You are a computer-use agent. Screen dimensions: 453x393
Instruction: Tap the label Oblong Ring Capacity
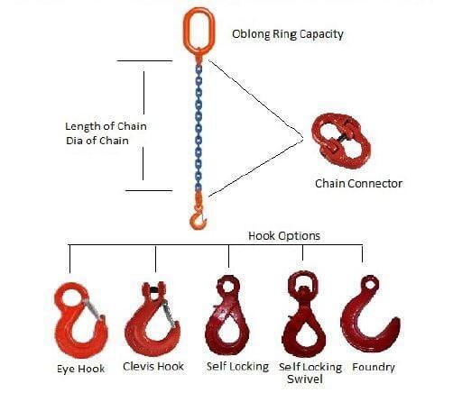tap(288, 34)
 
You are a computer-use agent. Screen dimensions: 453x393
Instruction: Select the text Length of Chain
tap(106, 126)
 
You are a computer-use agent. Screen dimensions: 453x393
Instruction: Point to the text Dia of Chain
tap(97, 141)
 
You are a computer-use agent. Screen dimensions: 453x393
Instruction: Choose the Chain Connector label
tap(358, 183)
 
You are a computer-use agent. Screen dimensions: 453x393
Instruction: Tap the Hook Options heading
tap(284, 236)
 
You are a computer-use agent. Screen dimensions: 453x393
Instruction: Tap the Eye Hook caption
tap(81, 369)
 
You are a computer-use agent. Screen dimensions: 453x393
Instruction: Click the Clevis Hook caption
tap(153, 366)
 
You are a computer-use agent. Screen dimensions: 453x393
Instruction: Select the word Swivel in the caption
tap(305, 379)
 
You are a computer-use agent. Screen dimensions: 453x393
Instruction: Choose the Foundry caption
tap(374, 367)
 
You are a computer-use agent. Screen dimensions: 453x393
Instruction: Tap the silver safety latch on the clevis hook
tap(170, 313)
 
